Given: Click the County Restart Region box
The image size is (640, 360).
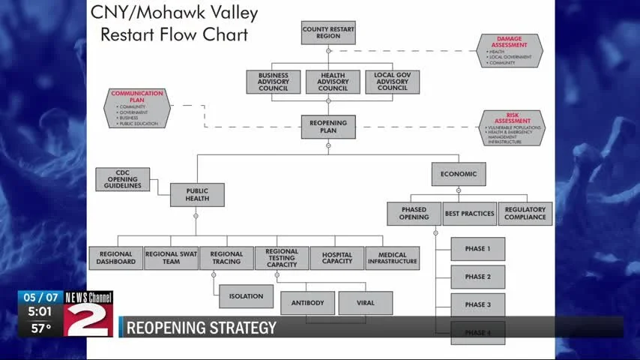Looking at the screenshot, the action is [328, 33].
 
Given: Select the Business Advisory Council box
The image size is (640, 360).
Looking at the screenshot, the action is [274, 82].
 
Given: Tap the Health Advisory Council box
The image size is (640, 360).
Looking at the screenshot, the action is [333, 82].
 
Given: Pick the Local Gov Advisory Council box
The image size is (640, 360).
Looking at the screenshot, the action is [392, 82].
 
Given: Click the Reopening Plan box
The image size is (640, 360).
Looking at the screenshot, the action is [328, 127].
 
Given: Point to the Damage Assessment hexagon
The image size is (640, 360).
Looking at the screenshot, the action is [510, 50].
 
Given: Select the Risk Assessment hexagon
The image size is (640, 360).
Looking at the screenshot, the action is [512, 127].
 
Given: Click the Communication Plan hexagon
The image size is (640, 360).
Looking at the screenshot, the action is [136, 108].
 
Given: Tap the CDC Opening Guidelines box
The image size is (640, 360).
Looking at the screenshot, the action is [123, 179].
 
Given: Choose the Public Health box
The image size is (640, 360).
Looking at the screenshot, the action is [196, 195].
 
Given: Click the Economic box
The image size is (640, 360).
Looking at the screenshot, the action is [459, 174].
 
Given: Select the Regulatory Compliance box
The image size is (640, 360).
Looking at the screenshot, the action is [525, 214].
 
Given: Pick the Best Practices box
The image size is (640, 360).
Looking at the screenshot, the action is [470, 214].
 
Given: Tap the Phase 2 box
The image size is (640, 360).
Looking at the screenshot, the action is [477, 277].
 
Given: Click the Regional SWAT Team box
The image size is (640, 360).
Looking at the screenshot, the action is [171, 258].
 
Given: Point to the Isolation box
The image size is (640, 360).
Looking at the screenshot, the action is [247, 296].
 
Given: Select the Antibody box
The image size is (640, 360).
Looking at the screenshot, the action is [307, 303].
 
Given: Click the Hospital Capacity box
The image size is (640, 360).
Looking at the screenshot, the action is [337, 258].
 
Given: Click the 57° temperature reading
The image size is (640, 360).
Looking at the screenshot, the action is [40, 328].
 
